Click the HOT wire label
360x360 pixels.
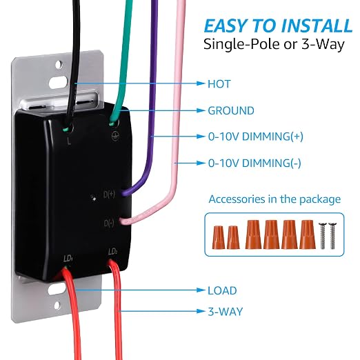(x=219, y=84)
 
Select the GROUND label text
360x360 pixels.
(x=231, y=110)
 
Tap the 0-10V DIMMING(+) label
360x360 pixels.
(x=256, y=137)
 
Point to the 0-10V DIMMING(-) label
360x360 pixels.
(x=254, y=163)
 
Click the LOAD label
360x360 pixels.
(x=222, y=290)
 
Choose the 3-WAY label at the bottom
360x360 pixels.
(x=226, y=312)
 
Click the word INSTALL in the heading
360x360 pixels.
(x=317, y=26)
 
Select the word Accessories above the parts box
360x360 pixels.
(x=237, y=199)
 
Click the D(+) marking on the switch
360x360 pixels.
(x=109, y=194)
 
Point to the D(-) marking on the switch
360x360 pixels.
(x=109, y=223)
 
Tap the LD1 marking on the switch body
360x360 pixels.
(x=68, y=259)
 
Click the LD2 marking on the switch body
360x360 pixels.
(x=112, y=252)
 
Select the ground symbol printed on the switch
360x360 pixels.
(x=115, y=136)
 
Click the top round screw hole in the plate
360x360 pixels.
(x=59, y=64)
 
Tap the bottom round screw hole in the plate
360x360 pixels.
(x=57, y=306)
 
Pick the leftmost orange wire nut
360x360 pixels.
(x=218, y=237)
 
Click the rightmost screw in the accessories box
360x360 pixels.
(x=332, y=236)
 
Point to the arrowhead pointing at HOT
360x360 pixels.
(x=201, y=83)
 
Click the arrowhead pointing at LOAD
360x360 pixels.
(x=201, y=290)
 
